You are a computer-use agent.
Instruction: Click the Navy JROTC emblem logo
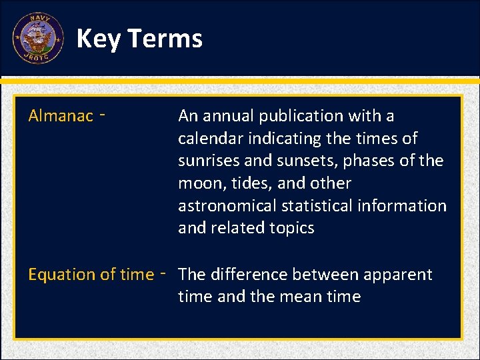pyautogui.click(x=38, y=38)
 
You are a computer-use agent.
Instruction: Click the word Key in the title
pyautogui.click(x=97, y=39)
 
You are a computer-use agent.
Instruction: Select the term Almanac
pyautogui.click(x=61, y=116)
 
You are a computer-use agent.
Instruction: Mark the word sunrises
pyautogui.click(x=207, y=161)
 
